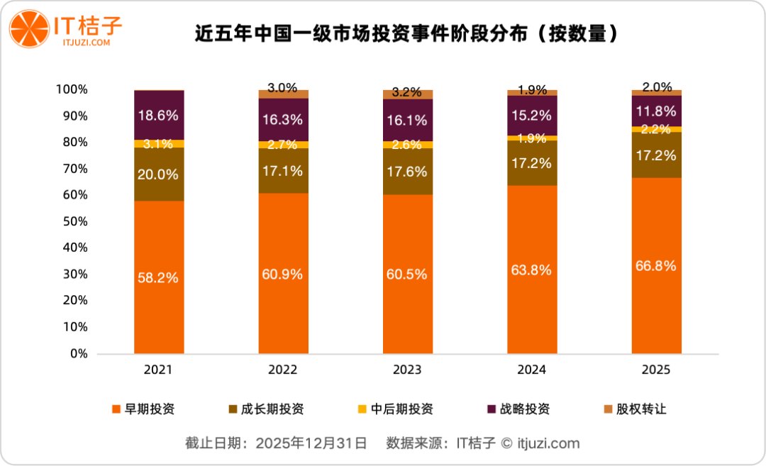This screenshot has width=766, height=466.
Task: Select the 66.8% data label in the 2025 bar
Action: pyautogui.click(x=656, y=266)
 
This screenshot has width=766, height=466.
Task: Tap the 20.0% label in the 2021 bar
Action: pyautogui.click(x=159, y=174)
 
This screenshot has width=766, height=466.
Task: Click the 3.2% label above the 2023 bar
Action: pyautogui.click(x=407, y=93)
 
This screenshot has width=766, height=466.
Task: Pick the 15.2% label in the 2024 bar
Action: pyautogui.click(x=532, y=114)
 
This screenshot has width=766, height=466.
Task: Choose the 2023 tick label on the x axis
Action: pyautogui.click(x=407, y=370)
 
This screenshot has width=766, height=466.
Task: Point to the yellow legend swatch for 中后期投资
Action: pyautogui.click(x=362, y=409)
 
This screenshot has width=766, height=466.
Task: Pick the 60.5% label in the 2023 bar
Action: pyautogui.click(x=407, y=274)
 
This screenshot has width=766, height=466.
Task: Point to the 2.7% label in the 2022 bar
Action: pyautogui.click(x=283, y=145)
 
